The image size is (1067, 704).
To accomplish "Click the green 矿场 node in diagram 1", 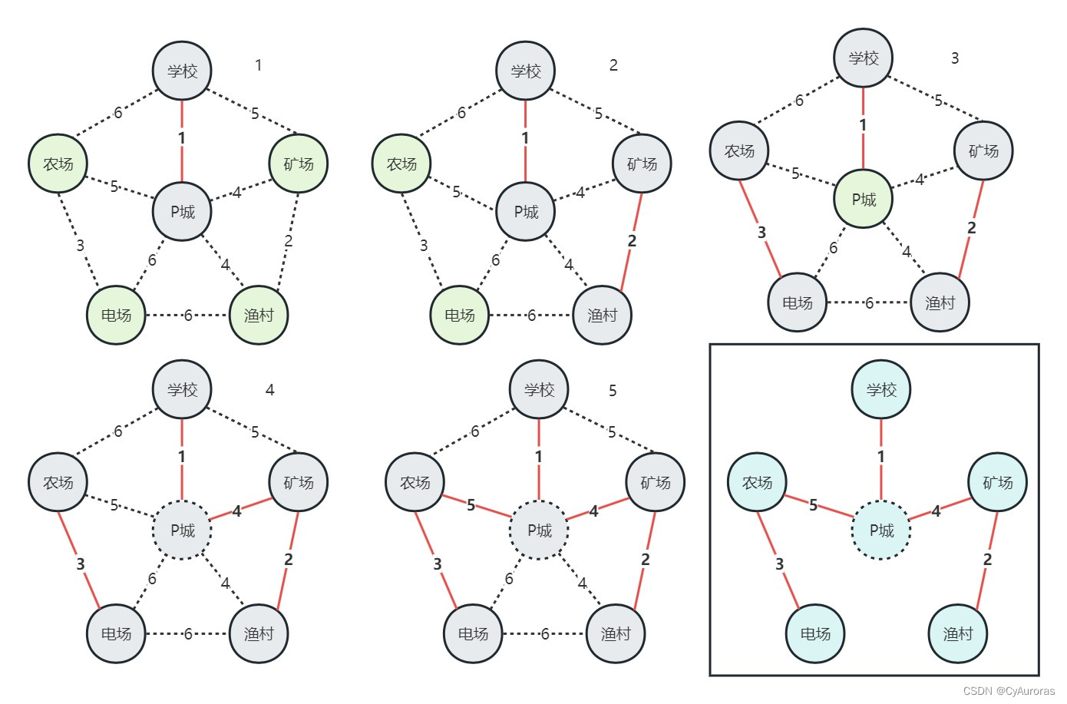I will pos(299,164).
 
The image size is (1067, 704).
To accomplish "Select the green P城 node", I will pos(864,200).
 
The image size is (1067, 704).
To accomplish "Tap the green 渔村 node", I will pos(259,315).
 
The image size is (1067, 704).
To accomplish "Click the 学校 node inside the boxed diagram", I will pos(881,390).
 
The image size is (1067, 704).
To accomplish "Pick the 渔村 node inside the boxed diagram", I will pos(957,633).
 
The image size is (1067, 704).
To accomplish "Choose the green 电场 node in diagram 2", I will pos(460,315).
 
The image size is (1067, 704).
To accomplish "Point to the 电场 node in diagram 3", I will pos(798,302).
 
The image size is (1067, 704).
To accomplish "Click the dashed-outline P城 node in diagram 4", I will pos(182,530).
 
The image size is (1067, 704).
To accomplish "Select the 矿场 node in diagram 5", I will pos(655,482).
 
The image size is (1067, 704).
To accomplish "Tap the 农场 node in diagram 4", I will pos(58,482).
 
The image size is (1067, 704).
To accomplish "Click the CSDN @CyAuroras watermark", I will pos(1009,691).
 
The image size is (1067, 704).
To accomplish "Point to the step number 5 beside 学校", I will pos(613,391).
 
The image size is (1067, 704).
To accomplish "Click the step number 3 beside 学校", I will pos(955,58).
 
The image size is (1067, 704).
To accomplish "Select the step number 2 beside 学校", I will pos(613,65).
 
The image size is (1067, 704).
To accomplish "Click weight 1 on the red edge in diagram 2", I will pos(525,138).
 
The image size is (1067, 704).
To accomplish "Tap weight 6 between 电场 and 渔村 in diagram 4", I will pos(188,634).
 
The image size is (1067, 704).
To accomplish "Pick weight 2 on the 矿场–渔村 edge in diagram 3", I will pos(972,228).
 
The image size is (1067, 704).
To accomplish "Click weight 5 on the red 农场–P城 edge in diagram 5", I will pos(471,505).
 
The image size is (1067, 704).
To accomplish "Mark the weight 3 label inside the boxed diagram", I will pos(779,564).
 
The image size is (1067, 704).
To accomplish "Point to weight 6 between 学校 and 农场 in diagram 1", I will pos(118,113).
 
